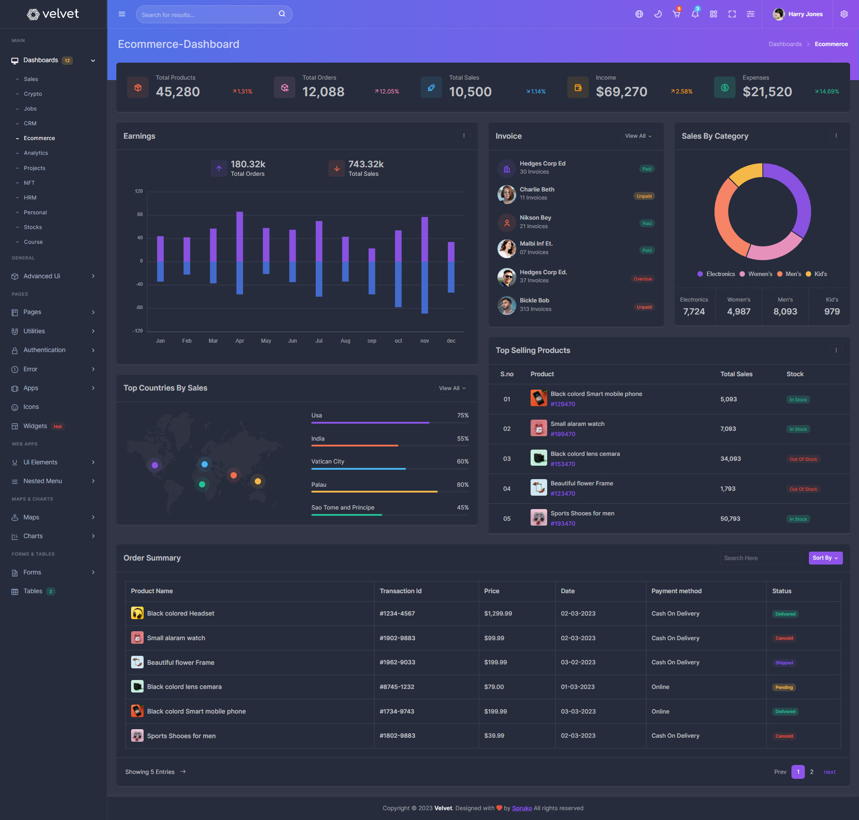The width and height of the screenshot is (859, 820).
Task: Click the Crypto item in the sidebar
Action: [33, 94]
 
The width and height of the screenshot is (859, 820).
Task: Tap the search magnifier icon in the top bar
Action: [282, 14]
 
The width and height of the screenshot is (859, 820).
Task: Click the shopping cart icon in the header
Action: [676, 14]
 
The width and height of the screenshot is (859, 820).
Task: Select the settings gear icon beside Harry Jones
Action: [844, 14]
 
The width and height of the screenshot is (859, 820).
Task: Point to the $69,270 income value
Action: [621, 92]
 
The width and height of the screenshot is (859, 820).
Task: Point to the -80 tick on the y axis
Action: [139, 308]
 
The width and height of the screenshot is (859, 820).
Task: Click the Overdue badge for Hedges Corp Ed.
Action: [642, 279]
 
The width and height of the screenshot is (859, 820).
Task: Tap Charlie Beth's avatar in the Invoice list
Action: [506, 194]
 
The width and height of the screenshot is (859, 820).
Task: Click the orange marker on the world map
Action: [234, 475]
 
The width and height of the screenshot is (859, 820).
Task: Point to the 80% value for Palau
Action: [463, 485]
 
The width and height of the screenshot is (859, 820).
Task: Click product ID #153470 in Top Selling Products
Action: [563, 464]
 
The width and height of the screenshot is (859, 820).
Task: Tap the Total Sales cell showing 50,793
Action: [730, 519]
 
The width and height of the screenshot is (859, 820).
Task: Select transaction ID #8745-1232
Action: [397, 687]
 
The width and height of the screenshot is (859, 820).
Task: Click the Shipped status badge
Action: [784, 663]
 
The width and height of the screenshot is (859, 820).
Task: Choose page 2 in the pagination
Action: [812, 772]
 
